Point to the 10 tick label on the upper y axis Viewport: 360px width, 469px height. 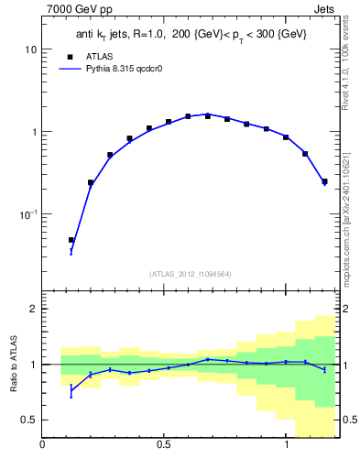click(30, 49)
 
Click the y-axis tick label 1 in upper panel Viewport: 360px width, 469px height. click(33, 132)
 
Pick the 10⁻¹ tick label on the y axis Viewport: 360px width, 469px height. click(27, 213)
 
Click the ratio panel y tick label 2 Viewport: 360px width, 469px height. click(33, 309)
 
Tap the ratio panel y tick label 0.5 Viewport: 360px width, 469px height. click(28, 420)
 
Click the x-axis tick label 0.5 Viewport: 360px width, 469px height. click(164, 445)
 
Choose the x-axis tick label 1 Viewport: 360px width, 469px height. click(286, 445)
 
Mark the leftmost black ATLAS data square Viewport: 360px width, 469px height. click(71, 240)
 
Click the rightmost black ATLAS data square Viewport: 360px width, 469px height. click(324, 181)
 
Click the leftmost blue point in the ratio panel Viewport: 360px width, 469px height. click(71, 391)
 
